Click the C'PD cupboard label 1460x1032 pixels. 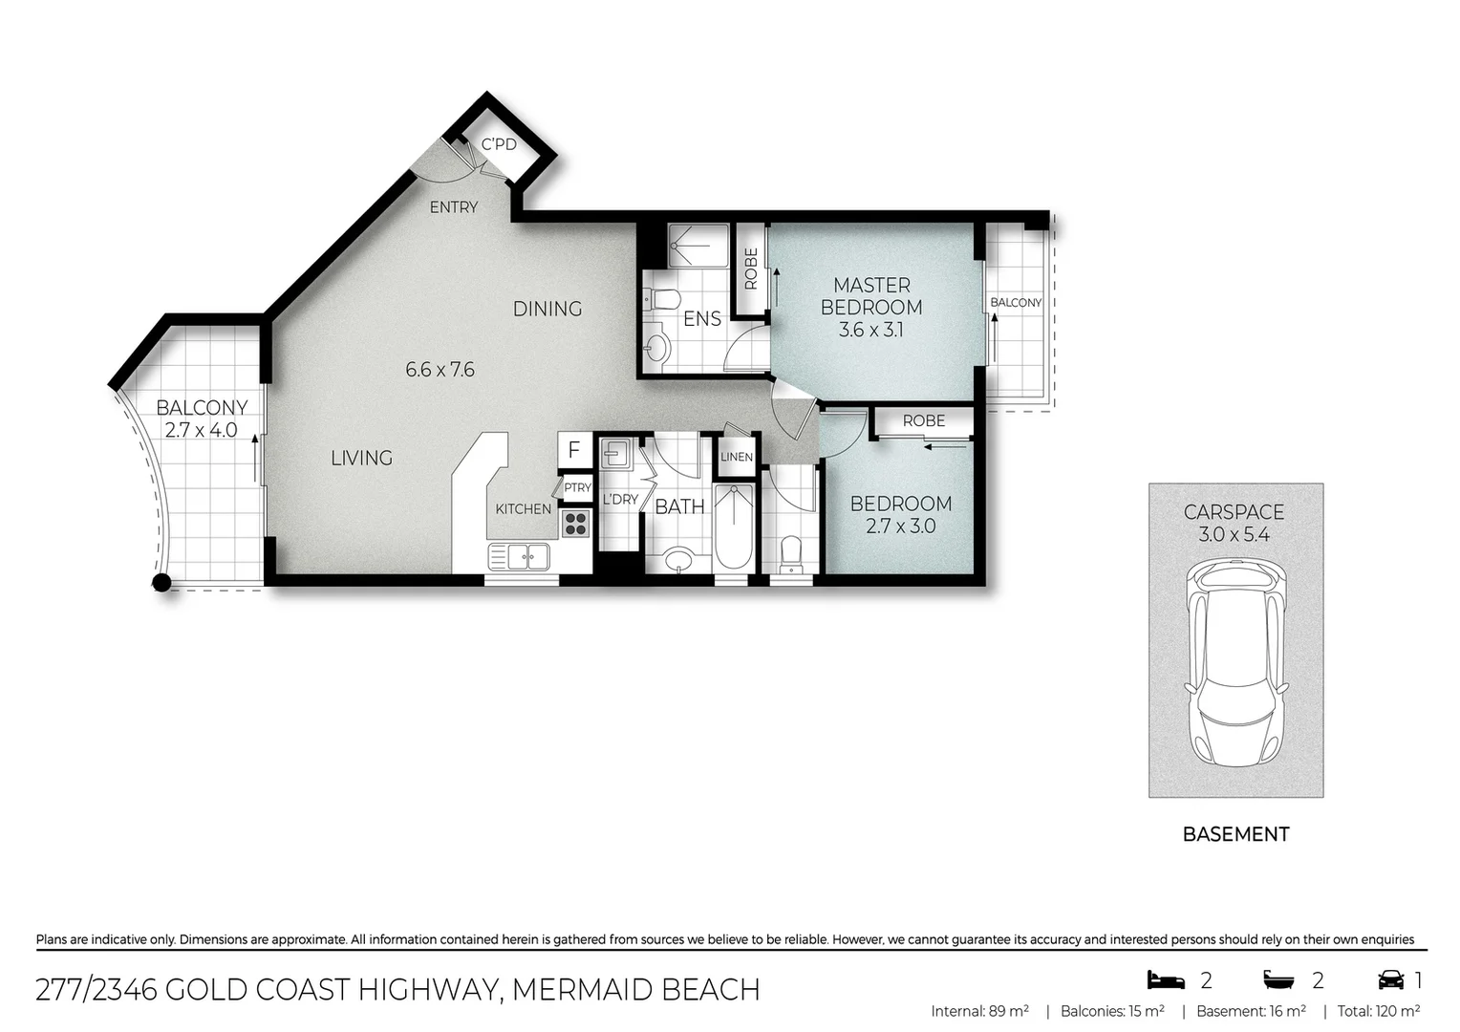click(x=499, y=144)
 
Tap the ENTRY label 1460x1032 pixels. click(x=454, y=207)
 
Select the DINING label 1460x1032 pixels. click(x=547, y=309)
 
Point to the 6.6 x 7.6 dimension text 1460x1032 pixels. click(x=440, y=370)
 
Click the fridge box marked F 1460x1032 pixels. click(x=574, y=450)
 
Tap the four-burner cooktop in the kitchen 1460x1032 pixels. click(x=575, y=524)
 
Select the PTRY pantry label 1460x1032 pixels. click(x=577, y=487)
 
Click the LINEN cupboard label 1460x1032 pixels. click(x=737, y=457)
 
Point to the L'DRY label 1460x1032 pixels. click(x=620, y=500)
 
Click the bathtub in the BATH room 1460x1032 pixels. click(x=734, y=527)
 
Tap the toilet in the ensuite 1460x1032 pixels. click(x=662, y=300)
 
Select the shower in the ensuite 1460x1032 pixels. click(x=698, y=246)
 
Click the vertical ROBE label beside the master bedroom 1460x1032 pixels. click(x=751, y=269)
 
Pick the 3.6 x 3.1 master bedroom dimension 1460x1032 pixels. click(x=870, y=330)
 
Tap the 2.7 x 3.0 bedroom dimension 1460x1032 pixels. click(x=900, y=527)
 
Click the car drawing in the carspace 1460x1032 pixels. click(x=1235, y=661)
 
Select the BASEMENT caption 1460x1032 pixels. click(x=1235, y=834)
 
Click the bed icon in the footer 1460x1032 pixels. click(x=1166, y=979)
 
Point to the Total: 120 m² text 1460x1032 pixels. click(x=1379, y=1011)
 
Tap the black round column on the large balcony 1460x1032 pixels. click(x=161, y=582)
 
